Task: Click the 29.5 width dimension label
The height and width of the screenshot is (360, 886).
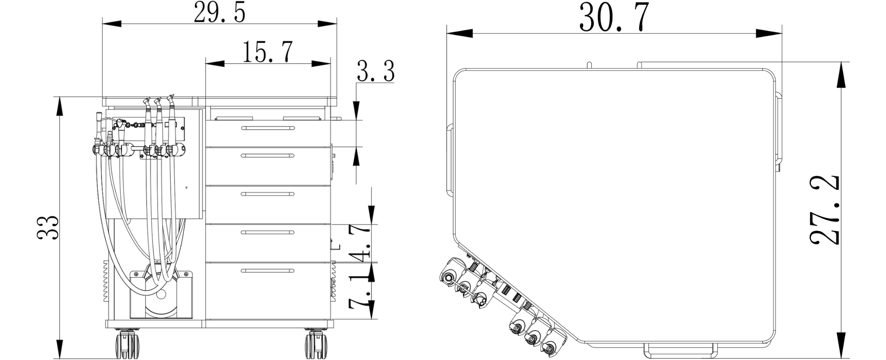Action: point(220,12)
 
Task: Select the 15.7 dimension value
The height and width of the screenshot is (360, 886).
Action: point(268,51)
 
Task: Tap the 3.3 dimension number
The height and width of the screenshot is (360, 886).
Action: point(376,72)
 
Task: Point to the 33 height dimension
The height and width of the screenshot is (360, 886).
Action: point(48,228)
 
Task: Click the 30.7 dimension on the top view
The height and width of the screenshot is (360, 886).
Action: point(614,17)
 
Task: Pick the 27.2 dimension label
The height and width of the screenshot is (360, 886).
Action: point(824,210)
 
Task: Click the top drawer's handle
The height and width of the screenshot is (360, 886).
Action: point(268,128)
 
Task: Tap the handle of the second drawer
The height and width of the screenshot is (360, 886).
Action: point(268,155)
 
